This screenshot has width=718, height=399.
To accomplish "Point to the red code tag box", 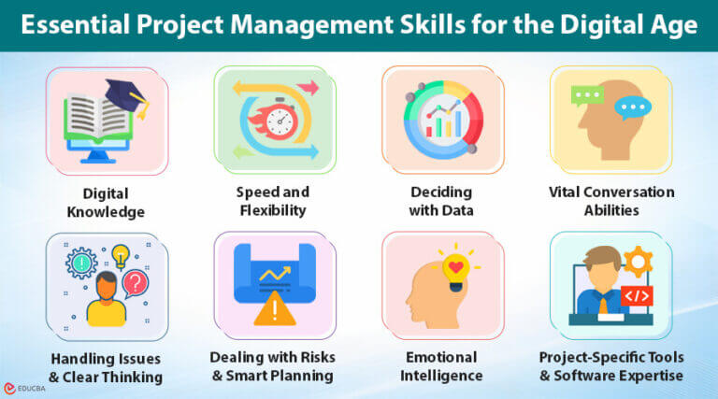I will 636,296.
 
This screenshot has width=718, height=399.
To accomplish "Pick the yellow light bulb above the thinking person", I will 121,253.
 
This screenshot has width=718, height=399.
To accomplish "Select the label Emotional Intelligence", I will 441,366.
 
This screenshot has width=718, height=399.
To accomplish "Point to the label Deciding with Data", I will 441,201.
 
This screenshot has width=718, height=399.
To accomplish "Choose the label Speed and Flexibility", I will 272,201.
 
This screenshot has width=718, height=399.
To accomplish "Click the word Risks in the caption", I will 309,357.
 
